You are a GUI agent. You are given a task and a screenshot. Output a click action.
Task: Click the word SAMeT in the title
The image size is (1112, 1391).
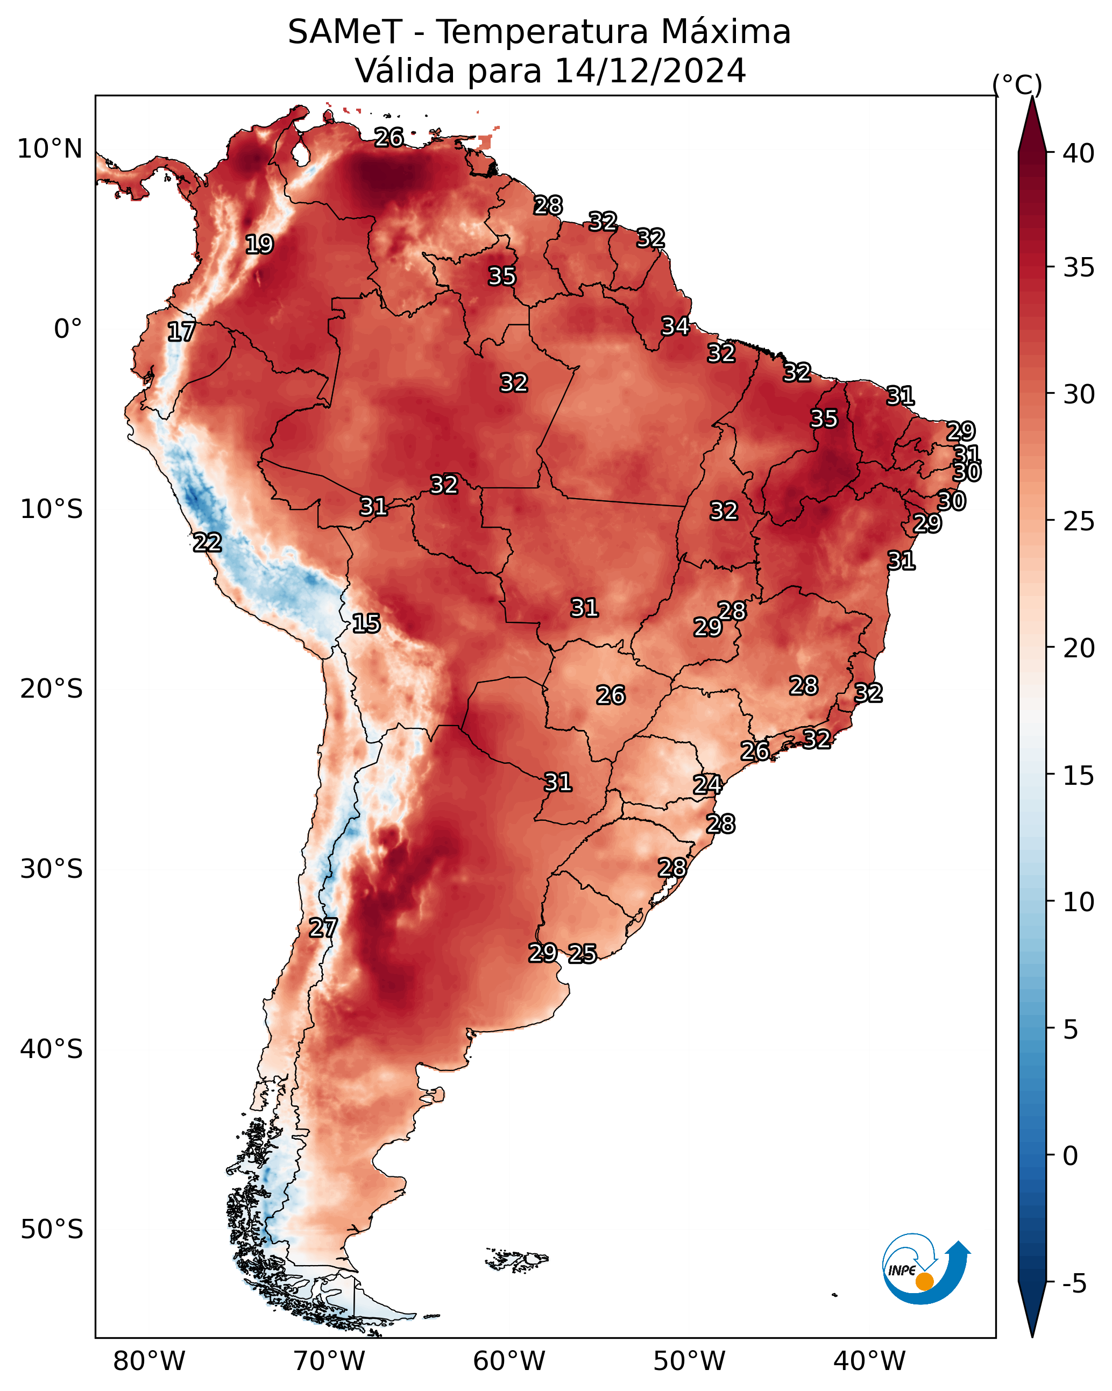tap(345, 32)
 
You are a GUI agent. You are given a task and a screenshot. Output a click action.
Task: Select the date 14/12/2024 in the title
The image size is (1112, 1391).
tap(650, 71)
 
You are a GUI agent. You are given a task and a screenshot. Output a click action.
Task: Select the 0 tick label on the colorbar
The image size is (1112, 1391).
tap(1070, 1156)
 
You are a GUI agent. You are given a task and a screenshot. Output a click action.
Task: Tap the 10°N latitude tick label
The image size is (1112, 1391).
tap(49, 149)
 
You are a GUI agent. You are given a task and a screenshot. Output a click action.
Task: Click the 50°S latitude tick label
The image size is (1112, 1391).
tap(52, 1230)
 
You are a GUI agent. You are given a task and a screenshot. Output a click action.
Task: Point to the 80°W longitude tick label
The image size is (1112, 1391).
tap(149, 1361)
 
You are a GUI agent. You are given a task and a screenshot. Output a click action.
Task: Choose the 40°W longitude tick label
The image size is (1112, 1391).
tap(869, 1361)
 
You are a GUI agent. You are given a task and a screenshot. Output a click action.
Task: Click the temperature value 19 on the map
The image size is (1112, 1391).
tap(259, 245)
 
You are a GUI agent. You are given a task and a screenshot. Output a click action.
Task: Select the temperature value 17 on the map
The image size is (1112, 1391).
tap(181, 332)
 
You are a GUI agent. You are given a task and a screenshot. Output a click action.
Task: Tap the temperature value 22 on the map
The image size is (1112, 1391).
tap(208, 543)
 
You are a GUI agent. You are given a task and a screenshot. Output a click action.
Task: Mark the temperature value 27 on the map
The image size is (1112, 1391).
tap(323, 928)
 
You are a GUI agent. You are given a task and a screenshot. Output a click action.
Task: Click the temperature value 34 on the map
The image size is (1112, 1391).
tap(676, 327)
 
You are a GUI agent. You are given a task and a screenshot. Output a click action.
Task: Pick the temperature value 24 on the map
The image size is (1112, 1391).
tap(708, 785)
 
